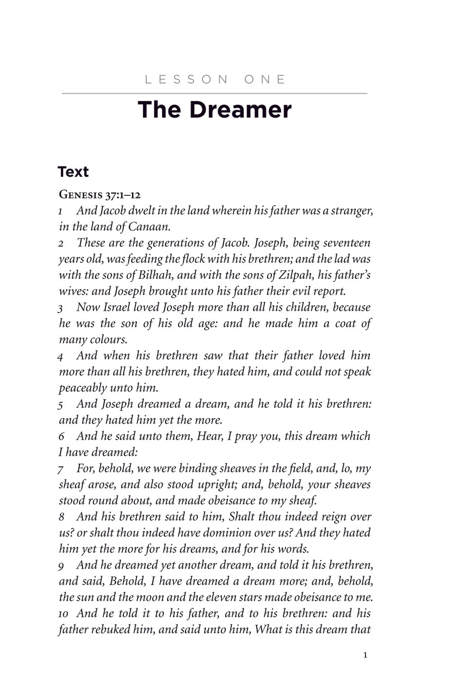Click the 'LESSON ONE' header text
coord(215,79)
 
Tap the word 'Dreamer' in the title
coord(240,109)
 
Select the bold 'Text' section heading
coord(73,172)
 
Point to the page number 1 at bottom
coord(365,655)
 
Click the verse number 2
coord(62,244)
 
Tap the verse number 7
coord(62,469)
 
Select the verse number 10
coord(64,614)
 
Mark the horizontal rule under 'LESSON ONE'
coord(214,94)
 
